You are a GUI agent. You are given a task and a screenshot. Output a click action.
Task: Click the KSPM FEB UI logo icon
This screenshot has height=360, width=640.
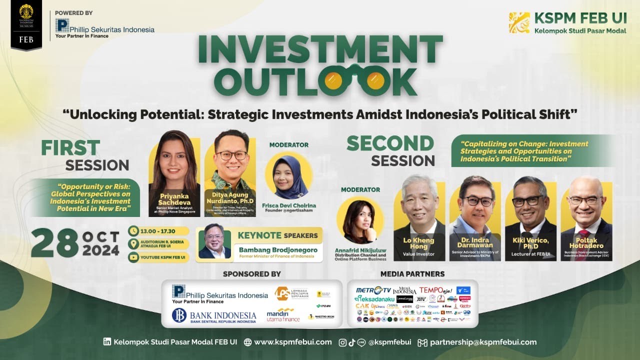click(519, 22)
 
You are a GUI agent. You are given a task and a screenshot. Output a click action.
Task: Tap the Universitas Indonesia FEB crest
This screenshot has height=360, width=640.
click(26, 15)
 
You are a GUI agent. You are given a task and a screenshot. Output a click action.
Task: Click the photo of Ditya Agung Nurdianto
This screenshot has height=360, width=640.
click(231, 160)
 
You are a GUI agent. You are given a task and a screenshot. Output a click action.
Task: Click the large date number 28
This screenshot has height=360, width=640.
click(54, 243)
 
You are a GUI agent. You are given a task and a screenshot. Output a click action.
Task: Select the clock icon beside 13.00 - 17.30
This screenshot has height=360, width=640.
click(134, 231)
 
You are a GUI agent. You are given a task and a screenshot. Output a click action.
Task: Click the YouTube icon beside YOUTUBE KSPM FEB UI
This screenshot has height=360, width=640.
click(134, 257)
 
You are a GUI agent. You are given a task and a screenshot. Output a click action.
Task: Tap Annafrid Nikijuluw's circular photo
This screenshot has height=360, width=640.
click(360, 220)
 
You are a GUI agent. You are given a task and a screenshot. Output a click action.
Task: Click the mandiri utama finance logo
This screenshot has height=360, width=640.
click(283, 315)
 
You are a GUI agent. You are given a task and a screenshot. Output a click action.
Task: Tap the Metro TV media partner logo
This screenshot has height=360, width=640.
click(373, 290)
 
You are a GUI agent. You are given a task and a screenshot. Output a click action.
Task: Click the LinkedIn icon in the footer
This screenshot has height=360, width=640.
click(107, 342)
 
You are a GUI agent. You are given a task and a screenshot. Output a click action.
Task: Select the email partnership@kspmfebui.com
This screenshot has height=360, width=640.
click(483, 342)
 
